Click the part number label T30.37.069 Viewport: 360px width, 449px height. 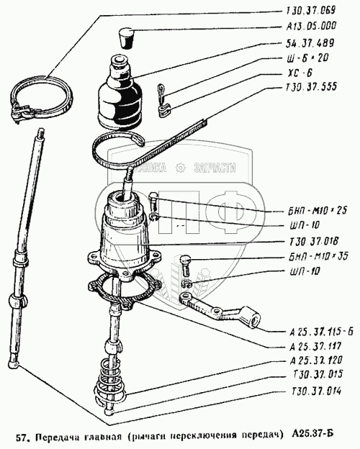tap(311, 11)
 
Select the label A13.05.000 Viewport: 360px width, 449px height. tap(311, 27)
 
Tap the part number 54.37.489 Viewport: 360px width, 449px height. tap(310, 43)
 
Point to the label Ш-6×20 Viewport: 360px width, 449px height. tap(308, 58)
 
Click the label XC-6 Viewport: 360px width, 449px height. tap(300, 73)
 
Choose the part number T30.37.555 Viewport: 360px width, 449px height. tap(311, 87)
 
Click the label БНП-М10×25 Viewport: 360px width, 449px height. tap(318, 210)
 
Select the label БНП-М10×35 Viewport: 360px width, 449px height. tap(318, 255)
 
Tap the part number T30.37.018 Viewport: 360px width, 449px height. tap(314, 241)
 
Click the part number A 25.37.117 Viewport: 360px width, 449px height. tap(315, 347)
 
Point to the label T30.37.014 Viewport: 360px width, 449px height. tap(316, 391)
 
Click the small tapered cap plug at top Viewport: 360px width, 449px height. tap(125, 37)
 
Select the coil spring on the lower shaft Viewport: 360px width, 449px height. tap(110, 379)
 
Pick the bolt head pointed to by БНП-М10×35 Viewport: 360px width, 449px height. tap(186, 260)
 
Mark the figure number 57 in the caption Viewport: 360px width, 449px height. tap(21, 438)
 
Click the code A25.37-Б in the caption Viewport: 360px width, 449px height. tap(312, 437)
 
